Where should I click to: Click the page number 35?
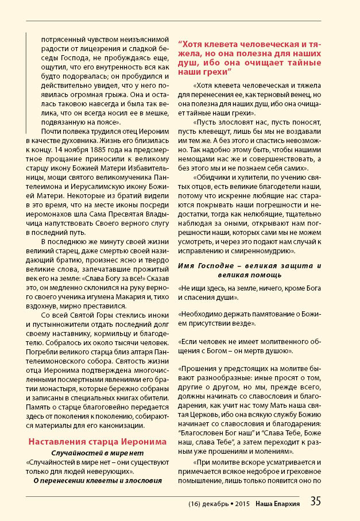click(316, 500)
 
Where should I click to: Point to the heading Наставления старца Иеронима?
click(97, 441)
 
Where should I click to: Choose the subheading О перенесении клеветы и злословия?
click(97, 479)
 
